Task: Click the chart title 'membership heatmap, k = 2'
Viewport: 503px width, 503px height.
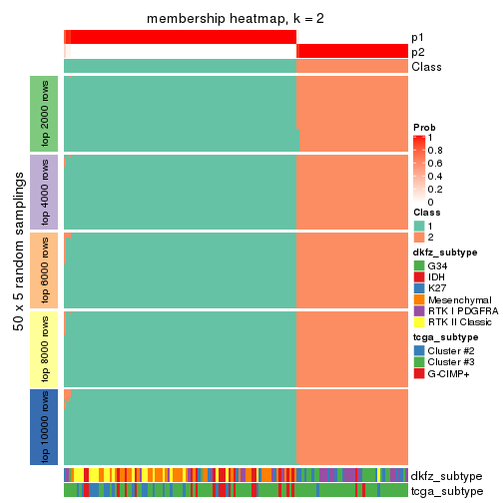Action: (x=236, y=20)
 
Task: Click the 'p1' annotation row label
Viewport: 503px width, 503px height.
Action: (x=417, y=37)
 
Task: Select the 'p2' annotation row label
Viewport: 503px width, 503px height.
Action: (x=417, y=52)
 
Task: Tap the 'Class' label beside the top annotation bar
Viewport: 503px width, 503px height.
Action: (x=426, y=67)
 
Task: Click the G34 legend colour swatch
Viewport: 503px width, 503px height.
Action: (x=419, y=266)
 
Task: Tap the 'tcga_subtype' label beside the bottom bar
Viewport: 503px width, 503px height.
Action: (x=447, y=491)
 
